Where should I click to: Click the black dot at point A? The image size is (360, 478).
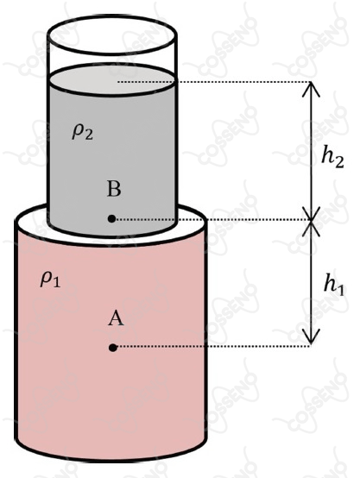[x=113, y=347]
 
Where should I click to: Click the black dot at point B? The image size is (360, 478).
[x=111, y=218]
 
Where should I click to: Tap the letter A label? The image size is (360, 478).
[x=116, y=318]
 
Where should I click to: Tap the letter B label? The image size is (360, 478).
[x=114, y=188]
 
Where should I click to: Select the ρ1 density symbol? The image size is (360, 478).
[x=50, y=280]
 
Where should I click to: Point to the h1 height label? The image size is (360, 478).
[x=334, y=286]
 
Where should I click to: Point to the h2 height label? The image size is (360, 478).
[x=332, y=158]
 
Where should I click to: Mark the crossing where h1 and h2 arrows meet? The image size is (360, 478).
[x=311, y=220]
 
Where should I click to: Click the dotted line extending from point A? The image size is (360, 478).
[x=213, y=347]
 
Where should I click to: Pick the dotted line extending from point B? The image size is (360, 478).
[x=213, y=219]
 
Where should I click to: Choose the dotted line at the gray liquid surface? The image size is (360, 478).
[x=214, y=82]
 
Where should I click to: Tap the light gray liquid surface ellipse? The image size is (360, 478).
[x=112, y=80]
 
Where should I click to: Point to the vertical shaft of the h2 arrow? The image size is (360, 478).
[x=311, y=151]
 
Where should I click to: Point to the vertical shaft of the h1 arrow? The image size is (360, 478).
[x=311, y=283]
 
